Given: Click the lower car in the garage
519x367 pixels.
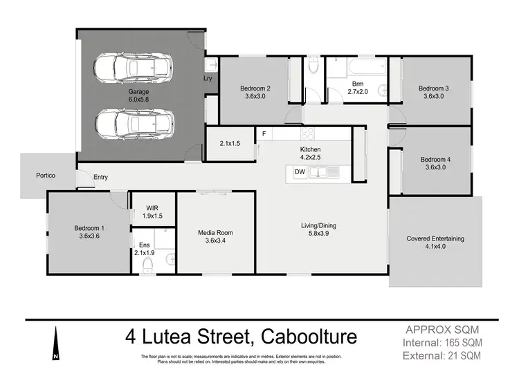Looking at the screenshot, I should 134,124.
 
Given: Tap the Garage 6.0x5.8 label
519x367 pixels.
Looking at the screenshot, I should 139,95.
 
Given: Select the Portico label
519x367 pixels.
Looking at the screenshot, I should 46,176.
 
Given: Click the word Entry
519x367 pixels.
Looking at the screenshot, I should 101,178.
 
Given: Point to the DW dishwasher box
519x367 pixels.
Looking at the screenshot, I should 300,171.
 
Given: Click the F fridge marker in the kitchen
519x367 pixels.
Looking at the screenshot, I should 263,133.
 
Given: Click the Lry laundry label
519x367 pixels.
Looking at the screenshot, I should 208,79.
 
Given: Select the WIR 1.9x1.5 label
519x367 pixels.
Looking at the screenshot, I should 154,211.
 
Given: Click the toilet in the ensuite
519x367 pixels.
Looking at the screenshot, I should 147,263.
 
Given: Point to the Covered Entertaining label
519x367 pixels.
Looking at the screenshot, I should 435,243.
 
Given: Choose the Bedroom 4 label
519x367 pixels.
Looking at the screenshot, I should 435,164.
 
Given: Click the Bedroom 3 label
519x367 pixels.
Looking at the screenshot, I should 434,93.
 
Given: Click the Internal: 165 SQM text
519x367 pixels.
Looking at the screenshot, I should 444,342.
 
